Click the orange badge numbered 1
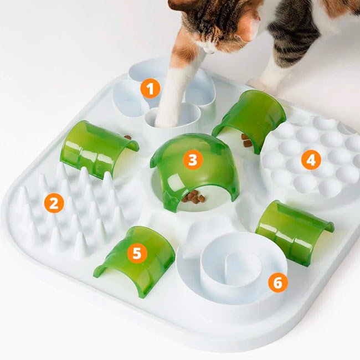point(150,88)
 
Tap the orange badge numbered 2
point(53,203)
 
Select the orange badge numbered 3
point(192,160)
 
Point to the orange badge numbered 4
point(311,160)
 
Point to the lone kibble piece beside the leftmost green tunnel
point(127,137)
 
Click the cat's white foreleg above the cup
point(178,83)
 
